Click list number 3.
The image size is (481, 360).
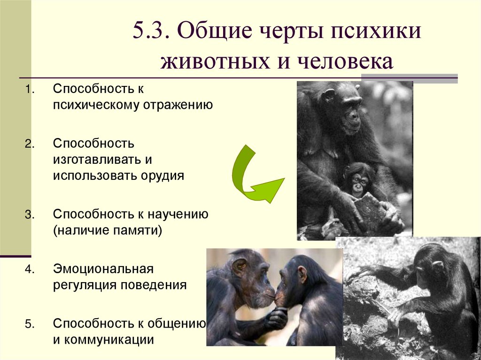29,215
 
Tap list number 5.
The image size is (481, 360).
29,324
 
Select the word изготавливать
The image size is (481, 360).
97,160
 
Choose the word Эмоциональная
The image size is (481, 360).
103,269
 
